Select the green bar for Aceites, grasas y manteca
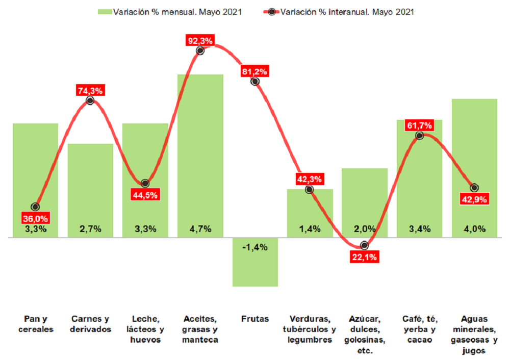[x=200, y=153]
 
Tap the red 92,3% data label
[x=200, y=40]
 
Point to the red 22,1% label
[x=365, y=257]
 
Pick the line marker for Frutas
[x=255, y=81]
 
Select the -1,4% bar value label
[x=255, y=247]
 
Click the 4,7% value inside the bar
[x=200, y=228]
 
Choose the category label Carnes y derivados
[x=90, y=324]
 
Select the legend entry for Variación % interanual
[x=342, y=12]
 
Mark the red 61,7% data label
[x=419, y=125]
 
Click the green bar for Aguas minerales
[x=474, y=153]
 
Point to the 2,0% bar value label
[x=365, y=228]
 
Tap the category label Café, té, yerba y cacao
[x=419, y=329]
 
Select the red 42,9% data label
[x=474, y=199]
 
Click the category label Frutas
[x=255, y=319]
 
